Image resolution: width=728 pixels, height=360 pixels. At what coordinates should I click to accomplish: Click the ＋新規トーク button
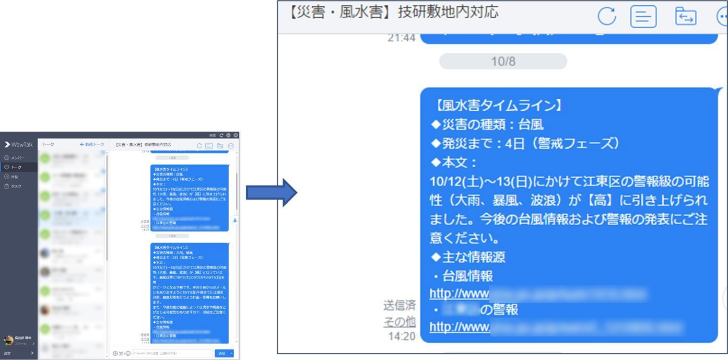pos(92,144)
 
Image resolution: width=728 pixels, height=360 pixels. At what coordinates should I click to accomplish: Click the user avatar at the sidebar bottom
pos(8,340)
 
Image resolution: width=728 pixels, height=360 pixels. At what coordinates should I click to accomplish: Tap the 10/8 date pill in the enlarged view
pos(503,61)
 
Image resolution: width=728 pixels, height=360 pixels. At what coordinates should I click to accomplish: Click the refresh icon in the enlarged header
pos(607,17)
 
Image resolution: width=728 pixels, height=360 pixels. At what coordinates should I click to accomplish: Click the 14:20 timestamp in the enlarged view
pos(402,335)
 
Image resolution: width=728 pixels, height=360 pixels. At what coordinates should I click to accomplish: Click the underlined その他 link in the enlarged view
pos(400,321)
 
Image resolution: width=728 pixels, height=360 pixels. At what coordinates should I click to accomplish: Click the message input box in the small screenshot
pos(172,353)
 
